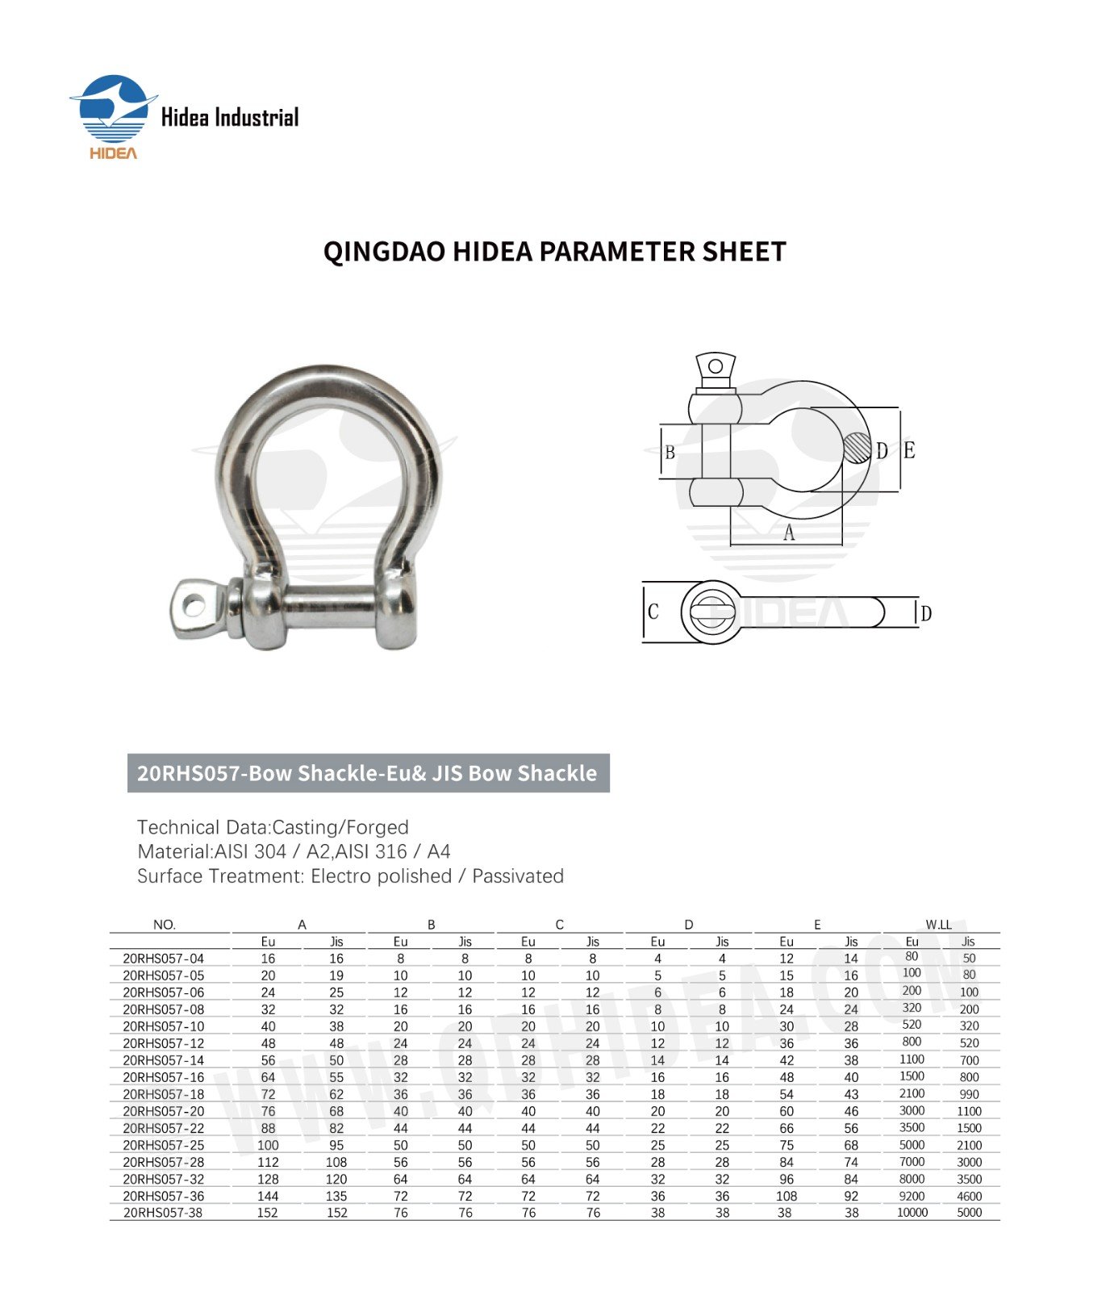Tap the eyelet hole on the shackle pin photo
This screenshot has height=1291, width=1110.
[194, 604]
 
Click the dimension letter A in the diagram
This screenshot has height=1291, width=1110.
[789, 533]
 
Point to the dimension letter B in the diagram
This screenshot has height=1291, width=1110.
[670, 453]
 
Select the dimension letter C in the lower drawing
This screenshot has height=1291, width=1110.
[653, 612]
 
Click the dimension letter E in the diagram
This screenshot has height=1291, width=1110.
[909, 450]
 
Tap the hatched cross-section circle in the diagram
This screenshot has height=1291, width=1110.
[858, 448]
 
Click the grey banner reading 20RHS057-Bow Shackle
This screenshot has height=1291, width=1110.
[368, 773]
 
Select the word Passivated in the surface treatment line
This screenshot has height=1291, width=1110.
[518, 876]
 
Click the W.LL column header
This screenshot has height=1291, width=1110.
[938, 925]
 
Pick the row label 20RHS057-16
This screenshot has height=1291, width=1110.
[164, 1077]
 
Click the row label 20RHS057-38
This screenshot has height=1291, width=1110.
[164, 1213]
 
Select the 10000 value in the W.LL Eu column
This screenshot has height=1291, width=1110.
[912, 1212]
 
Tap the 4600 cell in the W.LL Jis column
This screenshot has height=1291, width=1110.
[969, 1196]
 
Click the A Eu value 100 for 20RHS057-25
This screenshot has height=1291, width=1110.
[268, 1145]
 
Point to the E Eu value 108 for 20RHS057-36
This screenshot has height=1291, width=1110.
[787, 1196]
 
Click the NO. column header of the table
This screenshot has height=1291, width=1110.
[164, 925]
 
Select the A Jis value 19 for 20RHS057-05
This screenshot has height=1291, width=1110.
[336, 976]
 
